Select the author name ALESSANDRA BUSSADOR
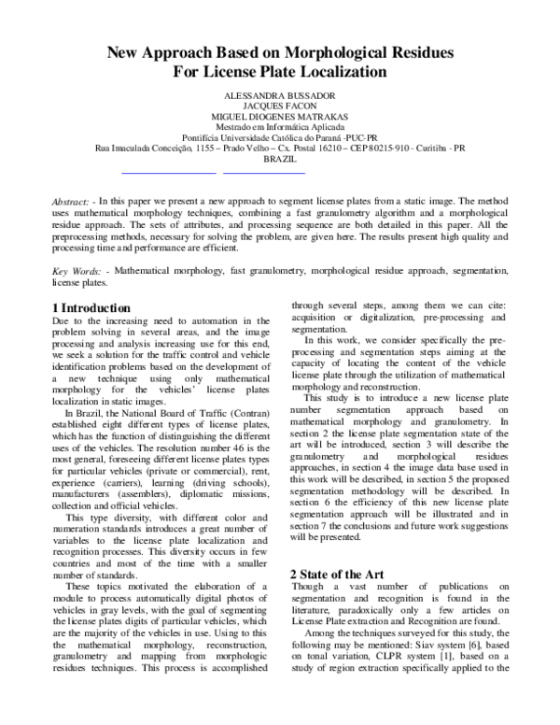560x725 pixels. (280, 96)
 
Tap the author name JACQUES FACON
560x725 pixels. (280, 107)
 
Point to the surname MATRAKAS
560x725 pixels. (319, 117)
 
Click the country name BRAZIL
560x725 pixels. (280, 160)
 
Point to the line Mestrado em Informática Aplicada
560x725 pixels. (280, 127)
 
